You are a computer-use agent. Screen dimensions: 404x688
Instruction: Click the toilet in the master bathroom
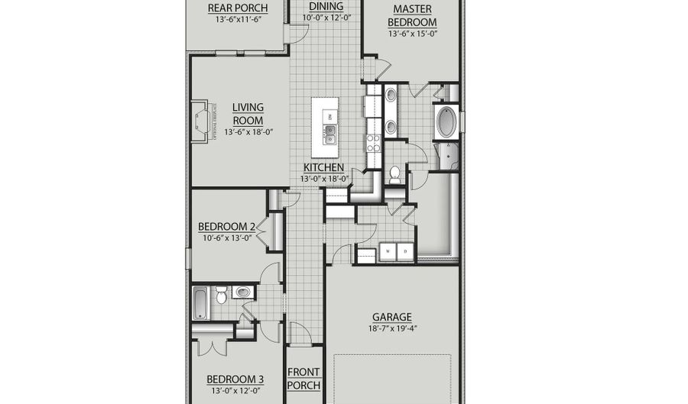click(x=395, y=174)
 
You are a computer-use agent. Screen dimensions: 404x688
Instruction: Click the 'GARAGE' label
click(x=391, y=317)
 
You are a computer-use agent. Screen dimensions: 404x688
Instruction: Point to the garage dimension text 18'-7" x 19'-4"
click(x=391, y=328)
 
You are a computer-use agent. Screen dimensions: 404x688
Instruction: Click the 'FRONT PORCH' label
click(x=303, y=379)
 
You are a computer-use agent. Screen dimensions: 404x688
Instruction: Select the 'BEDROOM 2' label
click(x=227, y=227)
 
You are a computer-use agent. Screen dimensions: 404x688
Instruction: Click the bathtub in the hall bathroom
click(x=200, y=302)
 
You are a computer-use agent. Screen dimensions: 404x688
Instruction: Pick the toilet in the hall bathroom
click(x=220, y=294)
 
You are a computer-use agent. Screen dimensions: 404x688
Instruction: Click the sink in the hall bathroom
click(x=242, y=292)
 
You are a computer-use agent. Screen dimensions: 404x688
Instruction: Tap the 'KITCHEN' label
click(x=323, y=168)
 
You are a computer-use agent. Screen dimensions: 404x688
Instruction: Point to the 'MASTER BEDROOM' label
click(x=412, y=16)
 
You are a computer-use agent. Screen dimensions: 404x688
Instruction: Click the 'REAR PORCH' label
click(x=238, y=9)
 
